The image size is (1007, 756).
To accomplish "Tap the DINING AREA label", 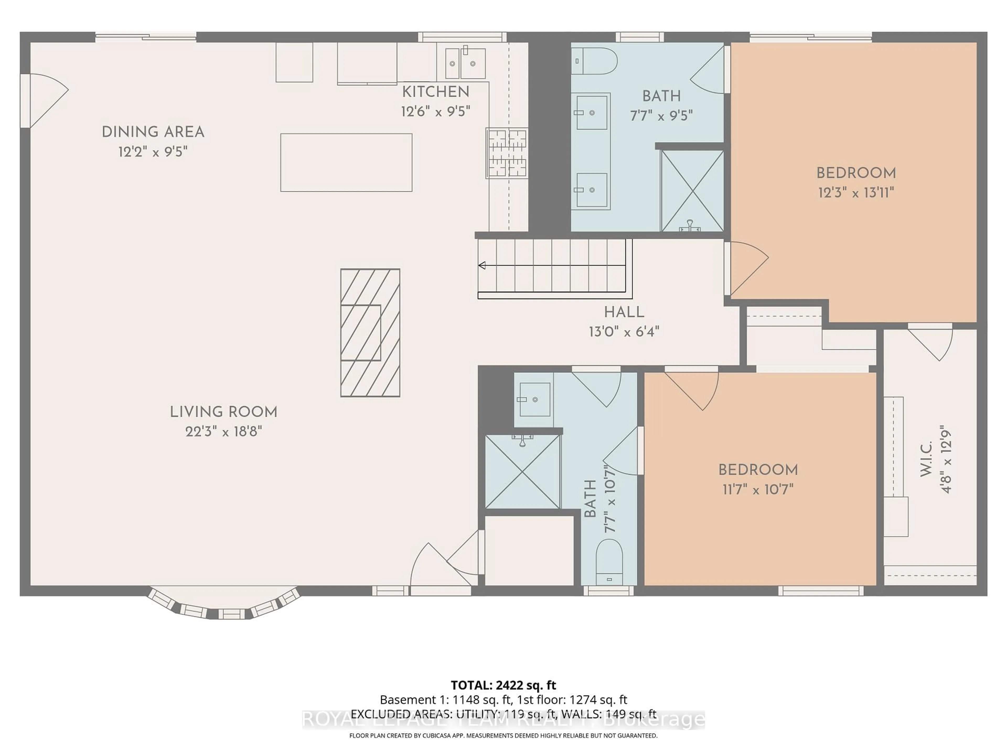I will pos(153,132).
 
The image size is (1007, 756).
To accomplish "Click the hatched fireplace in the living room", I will pos(370,333).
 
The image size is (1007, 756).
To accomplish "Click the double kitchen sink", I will pos(465,63).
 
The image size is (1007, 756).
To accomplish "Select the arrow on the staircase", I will pos(482,265).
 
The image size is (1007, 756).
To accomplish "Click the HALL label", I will pos(624,312).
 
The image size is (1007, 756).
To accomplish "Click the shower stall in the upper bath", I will pos(692,191).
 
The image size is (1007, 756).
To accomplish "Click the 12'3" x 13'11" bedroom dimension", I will pos(856,193).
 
